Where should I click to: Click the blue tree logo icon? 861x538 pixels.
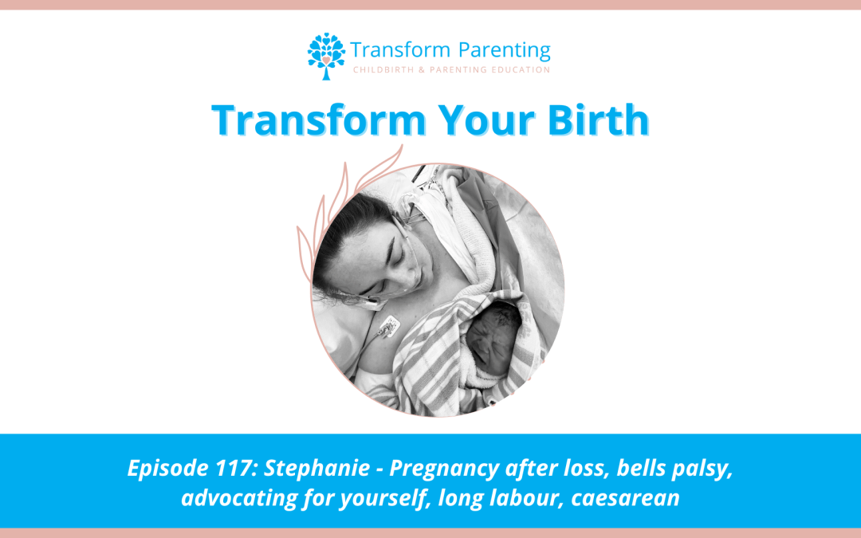click(326, 56)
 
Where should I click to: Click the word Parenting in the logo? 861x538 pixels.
click(504, 51)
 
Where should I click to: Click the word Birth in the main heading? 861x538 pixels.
click(599, 120)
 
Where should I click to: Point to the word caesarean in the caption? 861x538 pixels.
click(626, 498)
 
